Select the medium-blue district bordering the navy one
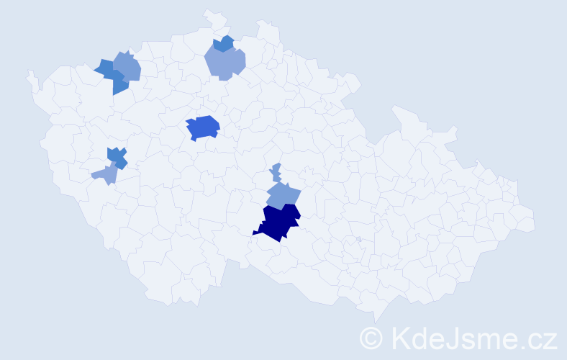point(283,194)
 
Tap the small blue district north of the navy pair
point(276,172)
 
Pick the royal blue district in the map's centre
point(203,127)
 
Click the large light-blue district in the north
point(225,63)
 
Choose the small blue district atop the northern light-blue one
point(224,43)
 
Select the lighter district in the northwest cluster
point(127,66)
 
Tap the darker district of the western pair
point(116,156)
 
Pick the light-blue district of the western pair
point(106,174)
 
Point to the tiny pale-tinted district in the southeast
point(358,239)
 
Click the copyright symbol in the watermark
point(371,338)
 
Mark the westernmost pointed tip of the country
point(29,72)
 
